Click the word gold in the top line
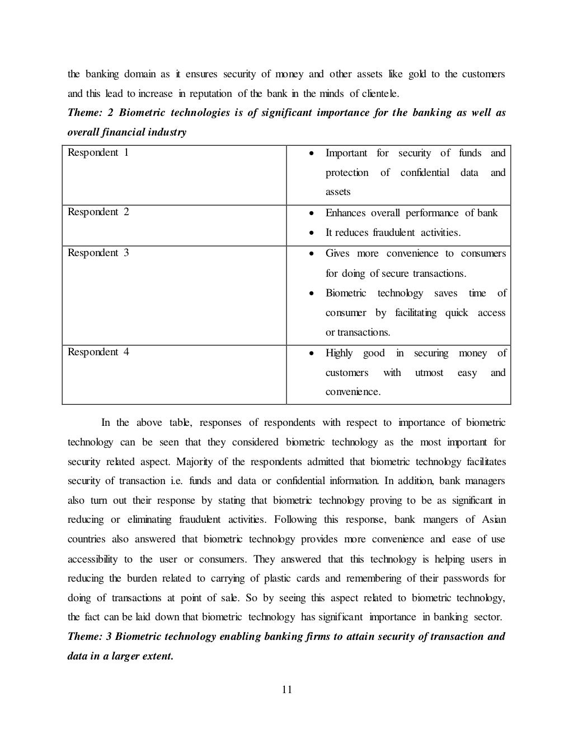[x=416, y=74]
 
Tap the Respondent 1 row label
[x=98, y=152]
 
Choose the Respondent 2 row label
[x=98, y=212]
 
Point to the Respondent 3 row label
[x=98, y=253]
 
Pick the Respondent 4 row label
[x=98, y=352]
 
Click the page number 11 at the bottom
[x=286, y=689]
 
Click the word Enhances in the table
[x=345, y=213]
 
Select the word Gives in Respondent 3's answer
[x=337, y=253]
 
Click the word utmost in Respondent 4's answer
[x=429, y=373]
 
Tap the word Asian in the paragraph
[x=494, y=519]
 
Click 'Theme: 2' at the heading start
[x=90, y=113]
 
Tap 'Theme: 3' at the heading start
[x=90, y=637]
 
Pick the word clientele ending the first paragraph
[x=380, y=94]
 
